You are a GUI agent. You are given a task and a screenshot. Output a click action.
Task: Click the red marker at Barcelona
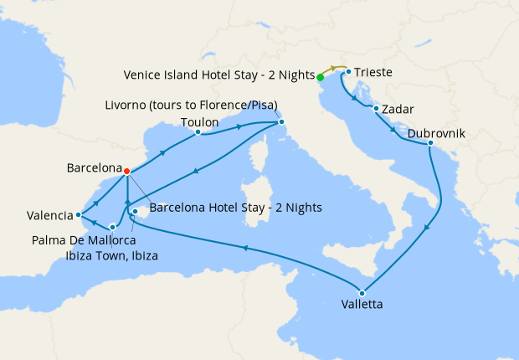click(x=126, y=172)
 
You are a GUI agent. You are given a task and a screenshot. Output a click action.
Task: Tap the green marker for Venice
click(x=321, y=77)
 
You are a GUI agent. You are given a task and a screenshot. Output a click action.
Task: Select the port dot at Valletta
click(x=361, y=292)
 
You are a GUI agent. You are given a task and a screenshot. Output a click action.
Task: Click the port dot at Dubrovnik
click(x=430, y=144)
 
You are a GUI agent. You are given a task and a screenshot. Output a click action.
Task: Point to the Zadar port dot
click(x=377, y=109)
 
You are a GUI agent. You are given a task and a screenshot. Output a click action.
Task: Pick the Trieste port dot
click(x=347, y=72)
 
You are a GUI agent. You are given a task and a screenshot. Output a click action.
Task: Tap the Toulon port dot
click(x=198, y=132)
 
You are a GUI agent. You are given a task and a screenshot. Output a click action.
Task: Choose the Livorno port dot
click(x=281, y=124)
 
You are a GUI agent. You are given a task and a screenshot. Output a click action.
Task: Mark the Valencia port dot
click(x=78, y=213)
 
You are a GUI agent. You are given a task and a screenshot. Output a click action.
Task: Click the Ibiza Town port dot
click(x=112, y=227)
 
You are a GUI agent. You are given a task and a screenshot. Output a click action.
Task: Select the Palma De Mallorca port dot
click(x=135, y=212)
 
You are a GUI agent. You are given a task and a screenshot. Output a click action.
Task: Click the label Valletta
click(x=362, y=306)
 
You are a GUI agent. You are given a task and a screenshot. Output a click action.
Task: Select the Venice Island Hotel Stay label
click(x=218, y=74)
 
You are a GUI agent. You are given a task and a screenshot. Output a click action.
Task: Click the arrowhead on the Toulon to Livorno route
click(x=240, y=127)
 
